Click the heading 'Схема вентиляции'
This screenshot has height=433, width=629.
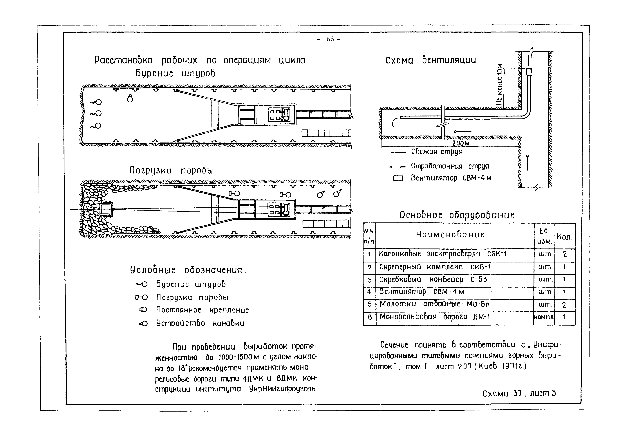coord(431,60)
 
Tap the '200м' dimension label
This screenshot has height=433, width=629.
coord(461,143)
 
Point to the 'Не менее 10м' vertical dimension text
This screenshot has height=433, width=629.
coord(499,85)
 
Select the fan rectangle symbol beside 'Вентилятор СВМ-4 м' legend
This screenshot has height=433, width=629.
coord(398,178)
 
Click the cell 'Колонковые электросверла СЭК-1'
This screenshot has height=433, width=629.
coord(443,254)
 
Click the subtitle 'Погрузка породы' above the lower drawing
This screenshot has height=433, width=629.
coord(171,170)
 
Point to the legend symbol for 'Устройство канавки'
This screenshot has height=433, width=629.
coord(143,323)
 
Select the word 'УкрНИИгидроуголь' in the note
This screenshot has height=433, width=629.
coord(283,389)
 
